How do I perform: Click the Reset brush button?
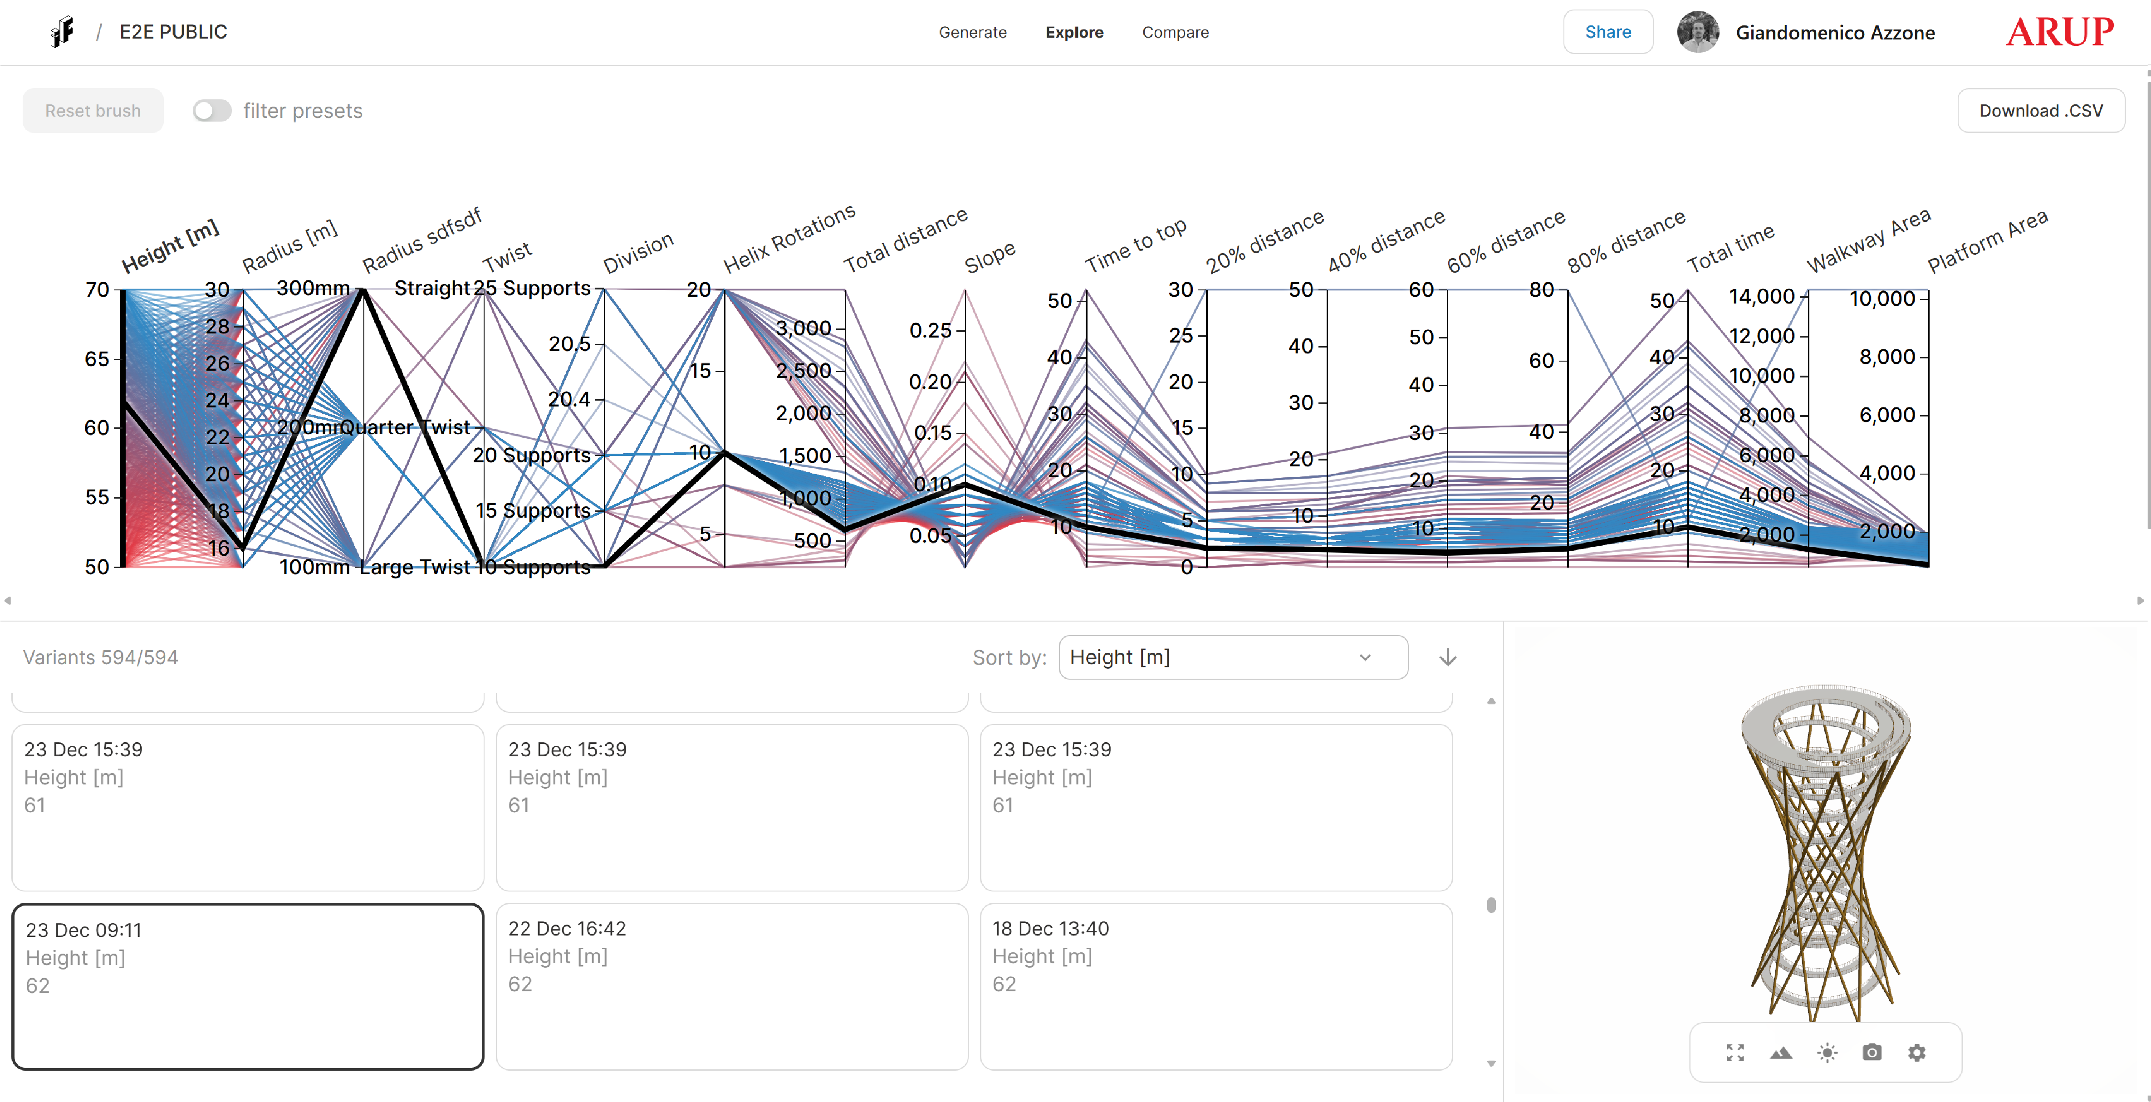(93, 111)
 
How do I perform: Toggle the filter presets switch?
(211, 111)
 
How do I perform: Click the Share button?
(1607, 32)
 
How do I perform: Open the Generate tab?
(972, 32)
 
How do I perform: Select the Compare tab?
(1175, 32)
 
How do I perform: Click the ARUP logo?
(2060, 32)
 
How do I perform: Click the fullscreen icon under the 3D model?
(1735, 1052)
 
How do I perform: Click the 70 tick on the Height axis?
(98, 290)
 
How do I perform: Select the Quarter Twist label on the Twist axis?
(405, 427)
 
